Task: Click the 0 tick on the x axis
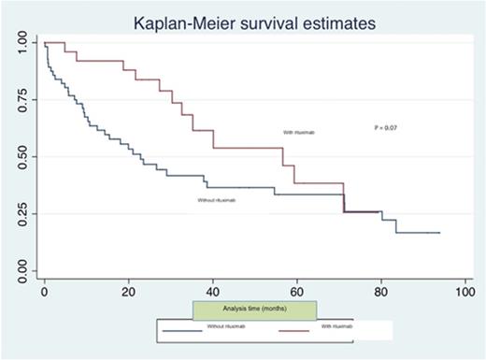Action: pyautogui.click(x=44, y=292)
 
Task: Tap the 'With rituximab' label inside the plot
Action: pyautogui.click(x=300, y=133)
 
